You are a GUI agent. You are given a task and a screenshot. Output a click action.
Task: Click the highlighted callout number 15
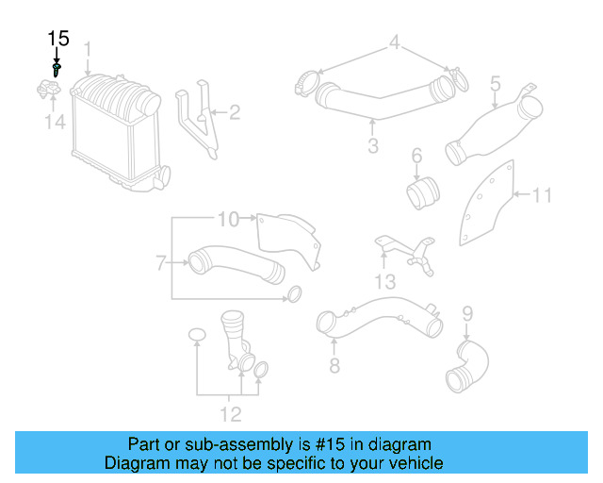click(58, 38)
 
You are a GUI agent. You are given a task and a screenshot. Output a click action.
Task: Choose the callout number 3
click(373, 145)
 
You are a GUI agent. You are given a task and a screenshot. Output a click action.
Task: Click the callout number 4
click(396, 42)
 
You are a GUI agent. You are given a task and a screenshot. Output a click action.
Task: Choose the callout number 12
click(230, 413)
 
